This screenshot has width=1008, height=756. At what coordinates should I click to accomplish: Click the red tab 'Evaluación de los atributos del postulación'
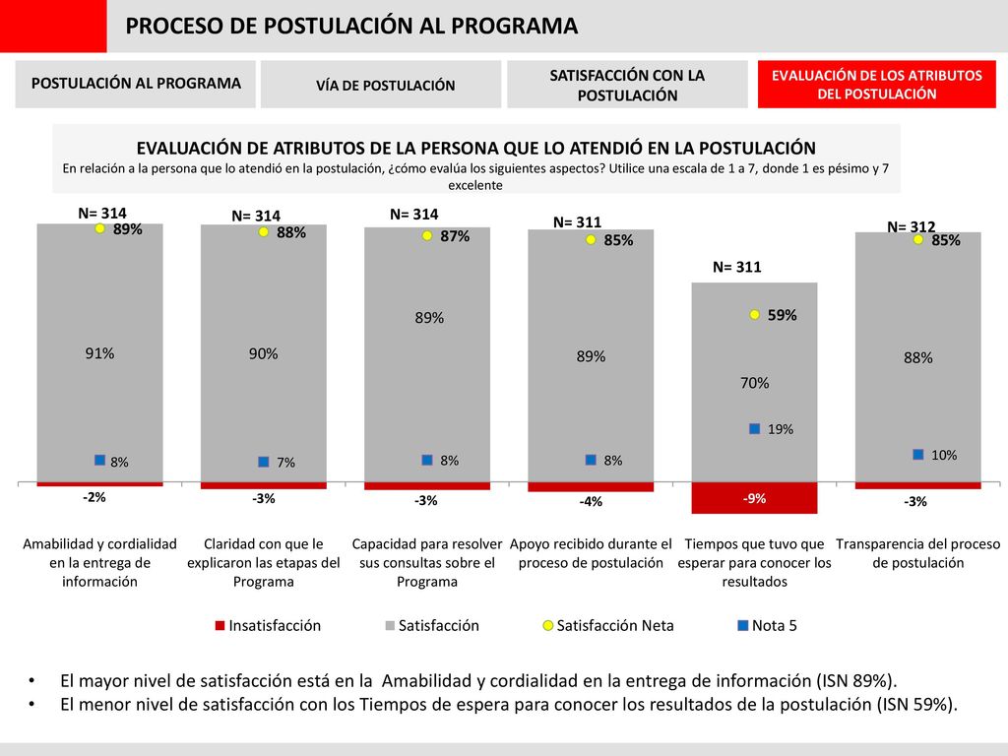(876, 85)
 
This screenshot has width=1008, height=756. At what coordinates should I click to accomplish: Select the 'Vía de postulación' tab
(381, 85)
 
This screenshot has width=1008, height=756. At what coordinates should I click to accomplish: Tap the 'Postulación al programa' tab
(136, 85)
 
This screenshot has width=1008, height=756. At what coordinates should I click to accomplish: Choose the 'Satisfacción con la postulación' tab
(627, 85)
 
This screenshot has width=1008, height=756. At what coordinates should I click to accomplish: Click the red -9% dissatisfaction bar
(754, 498)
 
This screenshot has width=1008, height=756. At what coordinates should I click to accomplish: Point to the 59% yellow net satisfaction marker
(755, 315)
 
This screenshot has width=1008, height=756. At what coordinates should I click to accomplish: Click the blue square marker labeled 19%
(755, 429)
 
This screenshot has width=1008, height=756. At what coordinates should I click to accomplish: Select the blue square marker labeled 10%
(918, 455)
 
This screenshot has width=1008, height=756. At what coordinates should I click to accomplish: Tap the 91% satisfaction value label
(99, 353)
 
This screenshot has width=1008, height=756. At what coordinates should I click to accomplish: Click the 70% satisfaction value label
(754, 383)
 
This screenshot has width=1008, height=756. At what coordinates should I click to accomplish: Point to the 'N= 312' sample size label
(911, 226)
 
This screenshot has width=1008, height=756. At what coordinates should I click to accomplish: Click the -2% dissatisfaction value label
(94, 497)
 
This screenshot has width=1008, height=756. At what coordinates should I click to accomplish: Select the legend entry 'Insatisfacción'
(268, 625)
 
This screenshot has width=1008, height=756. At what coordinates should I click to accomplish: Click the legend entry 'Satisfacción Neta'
(608, 625)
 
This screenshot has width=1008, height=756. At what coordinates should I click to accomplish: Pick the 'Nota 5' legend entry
(768, 625)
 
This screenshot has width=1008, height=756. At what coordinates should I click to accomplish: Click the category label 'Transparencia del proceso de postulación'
(918, 553)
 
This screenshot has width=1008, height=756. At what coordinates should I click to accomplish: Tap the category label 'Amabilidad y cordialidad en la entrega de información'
(99, 562)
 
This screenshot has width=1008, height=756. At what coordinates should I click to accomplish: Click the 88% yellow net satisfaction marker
(264, 232)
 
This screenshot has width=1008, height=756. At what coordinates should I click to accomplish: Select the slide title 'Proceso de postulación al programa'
(351, 26)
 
